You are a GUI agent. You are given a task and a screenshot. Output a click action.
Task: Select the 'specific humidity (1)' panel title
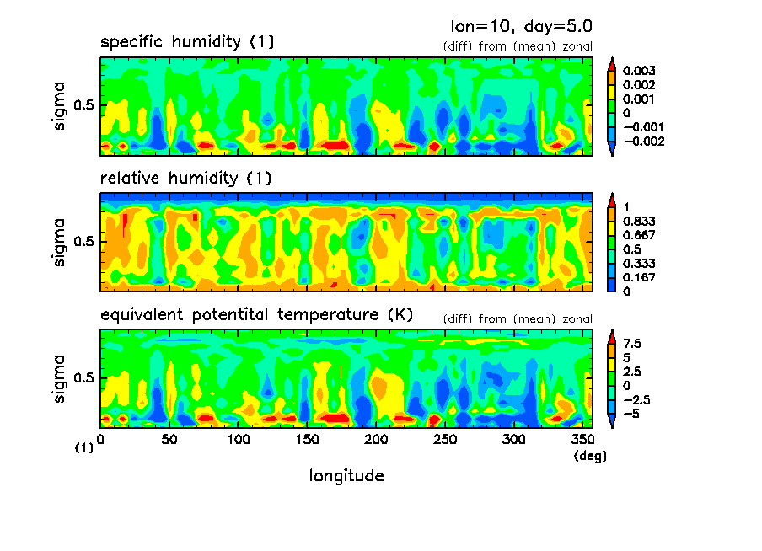pyautogui.click(x=187, y=42)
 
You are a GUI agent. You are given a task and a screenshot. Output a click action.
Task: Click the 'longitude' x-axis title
pyautogui.click(x=346, y=476)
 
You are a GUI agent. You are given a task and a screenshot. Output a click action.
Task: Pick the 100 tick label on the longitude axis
pyautogui.click(x=239, y=440)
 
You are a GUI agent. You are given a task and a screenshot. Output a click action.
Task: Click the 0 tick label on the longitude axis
pyautogui.click(x=101, y=440)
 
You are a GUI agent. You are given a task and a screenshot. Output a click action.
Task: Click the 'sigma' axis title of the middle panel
pyautogui.click(x=59, y=243)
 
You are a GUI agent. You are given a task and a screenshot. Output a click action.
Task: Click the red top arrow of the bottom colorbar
pyautogui.click(x=613, y=334)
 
